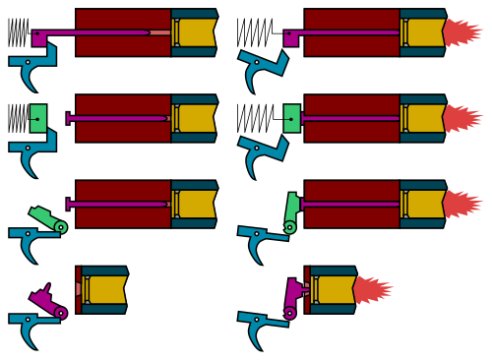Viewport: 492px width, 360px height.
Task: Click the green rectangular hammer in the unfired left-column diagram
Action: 38,118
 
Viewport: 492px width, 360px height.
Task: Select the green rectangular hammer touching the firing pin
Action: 291,118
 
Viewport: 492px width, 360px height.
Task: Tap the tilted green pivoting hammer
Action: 43,216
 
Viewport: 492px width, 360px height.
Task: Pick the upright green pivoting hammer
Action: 291,208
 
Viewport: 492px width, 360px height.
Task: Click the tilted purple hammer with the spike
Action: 42,298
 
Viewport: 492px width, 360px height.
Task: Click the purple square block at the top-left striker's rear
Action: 39,37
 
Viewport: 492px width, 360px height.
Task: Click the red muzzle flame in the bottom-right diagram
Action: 373,290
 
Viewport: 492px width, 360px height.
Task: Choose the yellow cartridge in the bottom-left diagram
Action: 106,289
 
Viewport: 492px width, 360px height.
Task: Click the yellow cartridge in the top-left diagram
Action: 196,32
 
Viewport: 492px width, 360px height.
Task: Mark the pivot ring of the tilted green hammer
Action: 61,227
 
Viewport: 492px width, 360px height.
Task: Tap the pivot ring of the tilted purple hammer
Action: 61,313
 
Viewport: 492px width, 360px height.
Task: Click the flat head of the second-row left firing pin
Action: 68,118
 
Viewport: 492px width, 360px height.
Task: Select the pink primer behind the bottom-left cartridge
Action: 79,289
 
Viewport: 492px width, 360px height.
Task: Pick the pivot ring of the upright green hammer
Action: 289,227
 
